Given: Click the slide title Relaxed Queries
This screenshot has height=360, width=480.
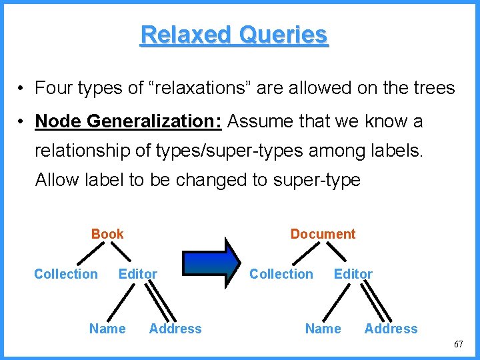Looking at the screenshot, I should click(x=234, y=35).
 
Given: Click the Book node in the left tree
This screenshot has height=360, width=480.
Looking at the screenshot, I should click(x=107, y=234).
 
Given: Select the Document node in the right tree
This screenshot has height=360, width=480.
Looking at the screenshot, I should click(x=323, y=234).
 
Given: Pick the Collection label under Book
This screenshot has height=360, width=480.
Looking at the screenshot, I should click(x=65, y=274).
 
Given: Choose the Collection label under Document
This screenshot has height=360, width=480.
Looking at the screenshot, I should click(x=281, y=274).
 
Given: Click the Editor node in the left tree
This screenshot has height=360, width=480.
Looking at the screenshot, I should click(x=137, y=274).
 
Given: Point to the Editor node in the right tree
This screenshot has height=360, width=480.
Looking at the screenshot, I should click(x=353, y=274).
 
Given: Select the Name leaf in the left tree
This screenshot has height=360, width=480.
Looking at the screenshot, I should click(x=107, y=329).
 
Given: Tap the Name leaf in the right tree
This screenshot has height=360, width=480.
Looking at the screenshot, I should click(x=323, y=329).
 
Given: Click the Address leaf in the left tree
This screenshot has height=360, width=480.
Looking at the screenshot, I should click(x=175, y=329).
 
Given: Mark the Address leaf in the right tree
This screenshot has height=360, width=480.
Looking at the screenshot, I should click(x=391, y=329).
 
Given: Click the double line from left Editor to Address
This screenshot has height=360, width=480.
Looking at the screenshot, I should click(x=161, y=301).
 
